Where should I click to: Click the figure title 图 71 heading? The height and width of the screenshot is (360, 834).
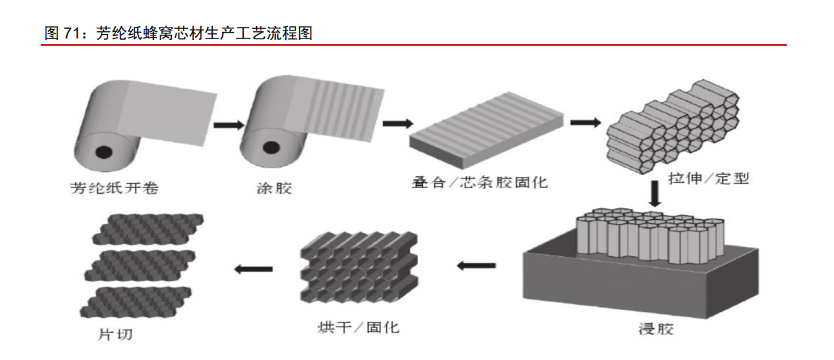click(178, 33)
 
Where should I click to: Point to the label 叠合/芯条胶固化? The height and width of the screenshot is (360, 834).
click(480, 182)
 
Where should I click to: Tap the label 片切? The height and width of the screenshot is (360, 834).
click(115, 335)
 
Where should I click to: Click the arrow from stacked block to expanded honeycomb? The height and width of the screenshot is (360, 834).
click(585, 121)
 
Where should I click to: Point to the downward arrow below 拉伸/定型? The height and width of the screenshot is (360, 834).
click(654, 193)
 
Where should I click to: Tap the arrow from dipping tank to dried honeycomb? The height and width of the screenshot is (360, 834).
click(475, 265)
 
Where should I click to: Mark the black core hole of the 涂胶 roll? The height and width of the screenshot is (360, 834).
click(270, 148)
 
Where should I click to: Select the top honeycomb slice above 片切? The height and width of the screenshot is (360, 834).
click(148, 229)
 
